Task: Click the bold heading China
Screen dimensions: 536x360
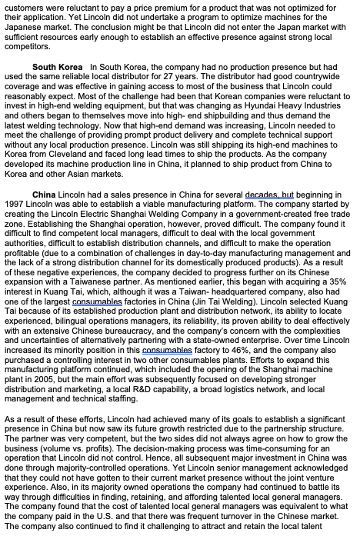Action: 45,195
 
